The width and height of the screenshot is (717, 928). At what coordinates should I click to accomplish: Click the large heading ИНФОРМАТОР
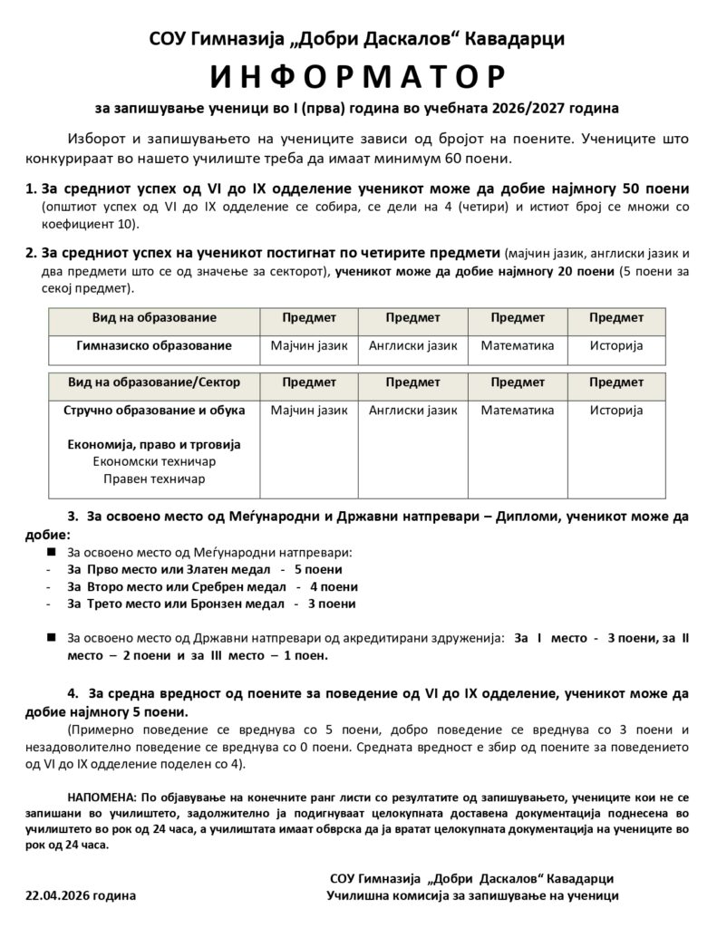tap(358, 74)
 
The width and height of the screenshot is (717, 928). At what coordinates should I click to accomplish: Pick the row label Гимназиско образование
tap(153, 345)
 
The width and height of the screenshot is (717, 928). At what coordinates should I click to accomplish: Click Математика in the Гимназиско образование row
tap(517, 345)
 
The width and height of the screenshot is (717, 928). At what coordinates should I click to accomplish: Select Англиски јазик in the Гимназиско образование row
tap(412, 345)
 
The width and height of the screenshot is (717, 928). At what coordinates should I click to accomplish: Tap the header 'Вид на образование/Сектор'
tap(153, 382)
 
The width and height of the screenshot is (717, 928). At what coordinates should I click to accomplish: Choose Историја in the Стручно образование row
tap(615, 410)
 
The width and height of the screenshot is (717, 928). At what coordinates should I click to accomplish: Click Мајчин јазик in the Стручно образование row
tap(309, 410)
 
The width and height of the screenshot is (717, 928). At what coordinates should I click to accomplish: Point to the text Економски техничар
tap(154, 461)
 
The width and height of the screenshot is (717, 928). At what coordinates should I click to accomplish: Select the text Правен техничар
tap(154, 478)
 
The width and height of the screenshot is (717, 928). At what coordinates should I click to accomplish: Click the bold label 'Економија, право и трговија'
tap(154, 444)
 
